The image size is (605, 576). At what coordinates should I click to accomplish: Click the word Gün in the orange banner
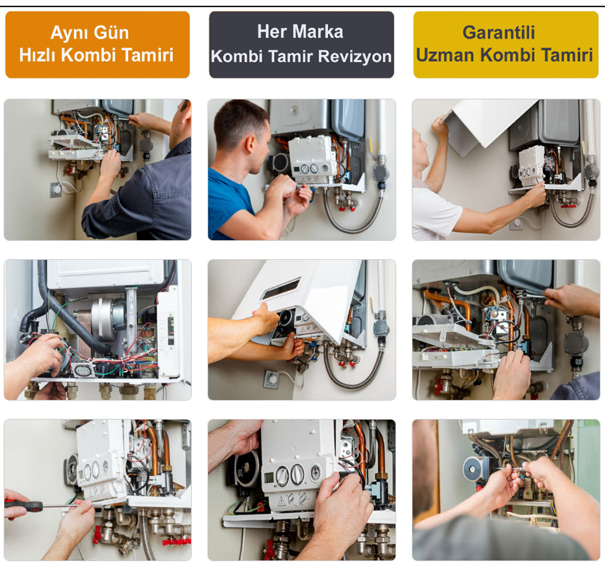pyautogui.click(x=112, y=33)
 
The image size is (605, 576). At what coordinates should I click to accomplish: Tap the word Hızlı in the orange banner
pyautogui.click(x=38, y=55)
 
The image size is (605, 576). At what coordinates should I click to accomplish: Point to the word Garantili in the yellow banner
pyautogui.click(x=498, y=32)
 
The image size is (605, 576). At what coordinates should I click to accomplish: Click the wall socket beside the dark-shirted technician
pyautogui.click(x=56, y=190)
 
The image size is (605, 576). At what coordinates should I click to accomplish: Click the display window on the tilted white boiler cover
pyautogui.click(x=281, y=289)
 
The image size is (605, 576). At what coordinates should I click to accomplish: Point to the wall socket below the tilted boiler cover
pyautogui.click(x=271, y=379)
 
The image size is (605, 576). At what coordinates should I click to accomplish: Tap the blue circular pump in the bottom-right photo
pyautogui.click(x=474, y=469)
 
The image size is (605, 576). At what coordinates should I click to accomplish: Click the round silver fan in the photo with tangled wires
pyautogui.click(x=107, y=320)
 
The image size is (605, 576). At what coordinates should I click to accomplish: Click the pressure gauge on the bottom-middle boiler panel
pyautogui.click(x=315, y=472)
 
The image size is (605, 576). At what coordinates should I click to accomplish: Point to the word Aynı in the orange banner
pyautogui.click(x=70, y=33)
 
